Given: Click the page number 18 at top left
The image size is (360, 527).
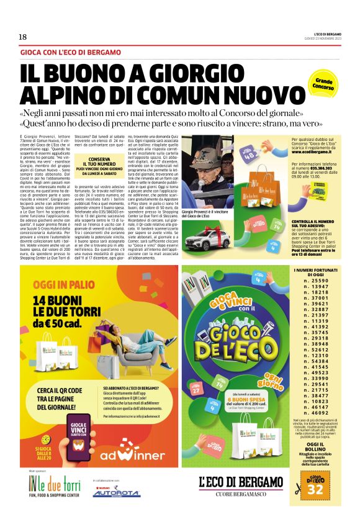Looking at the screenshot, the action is click(x=23, y=37).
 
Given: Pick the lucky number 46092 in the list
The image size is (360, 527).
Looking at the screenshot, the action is click(x=315, y=412).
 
